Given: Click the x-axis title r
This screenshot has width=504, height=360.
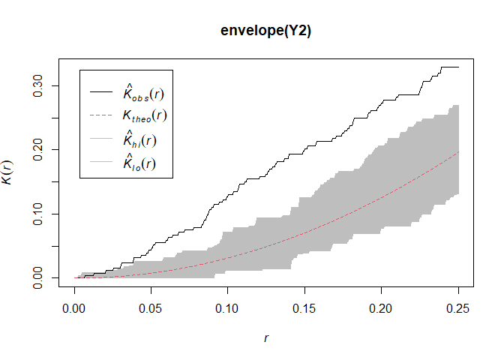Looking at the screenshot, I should click(265, 338).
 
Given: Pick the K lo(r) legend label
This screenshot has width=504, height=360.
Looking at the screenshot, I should click(139, 162).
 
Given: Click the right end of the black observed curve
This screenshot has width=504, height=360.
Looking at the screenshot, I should click(458, 67).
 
